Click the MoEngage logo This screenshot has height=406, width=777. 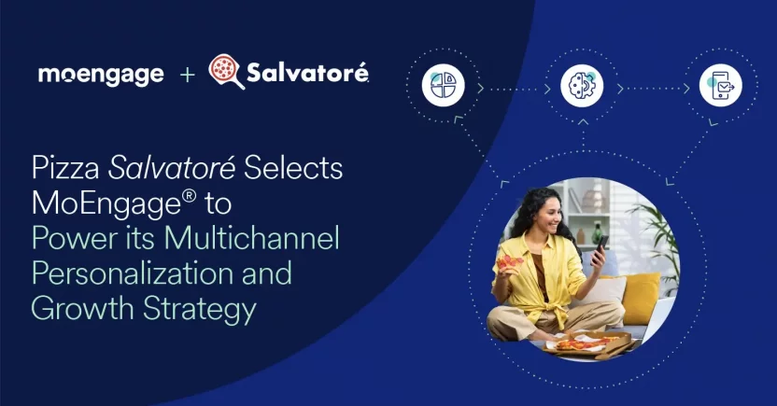(101, 74)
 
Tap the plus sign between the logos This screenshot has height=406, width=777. (188, 74)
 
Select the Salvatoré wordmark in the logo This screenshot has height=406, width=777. (307, 72)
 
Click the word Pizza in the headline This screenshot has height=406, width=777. (66, 171)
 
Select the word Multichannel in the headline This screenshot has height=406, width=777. (251, 239)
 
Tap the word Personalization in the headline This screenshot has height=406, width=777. (130, 273)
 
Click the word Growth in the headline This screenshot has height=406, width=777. (83, 308)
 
